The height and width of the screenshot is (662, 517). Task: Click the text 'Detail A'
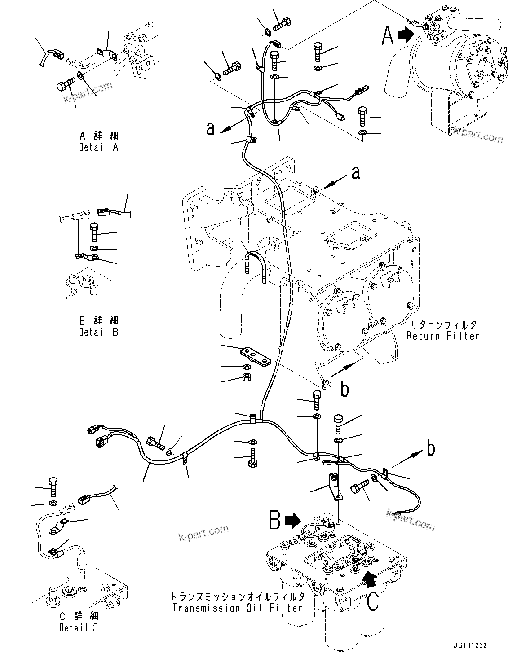tap(98, 147)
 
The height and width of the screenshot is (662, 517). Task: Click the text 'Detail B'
tap(98, 332)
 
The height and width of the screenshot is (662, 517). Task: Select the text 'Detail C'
tap(78, 627)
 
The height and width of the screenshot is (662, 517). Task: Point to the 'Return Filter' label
tap(443, 336)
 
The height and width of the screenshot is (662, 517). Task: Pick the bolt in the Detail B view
tap(94, 231)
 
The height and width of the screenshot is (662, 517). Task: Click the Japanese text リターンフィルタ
tap(443, 324)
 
